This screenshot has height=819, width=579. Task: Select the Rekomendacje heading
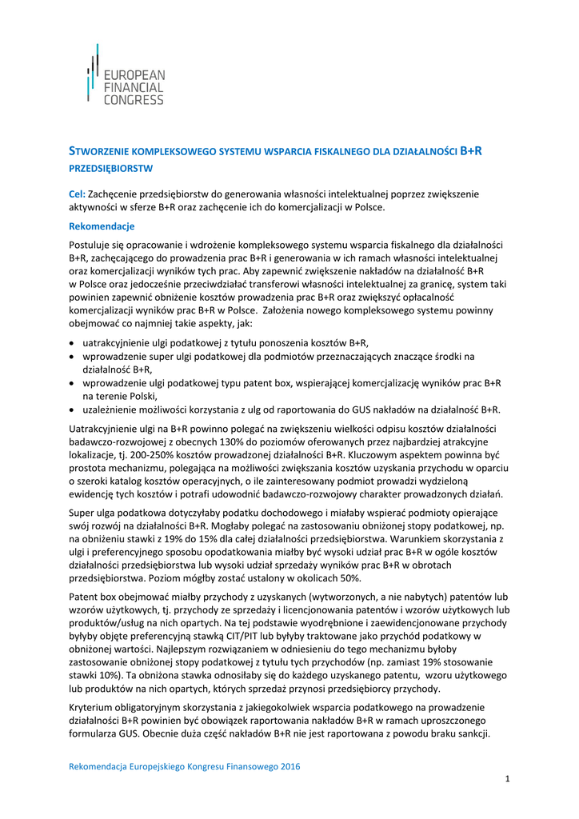[102, 226]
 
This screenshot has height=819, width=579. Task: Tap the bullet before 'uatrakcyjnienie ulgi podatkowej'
[73, 343]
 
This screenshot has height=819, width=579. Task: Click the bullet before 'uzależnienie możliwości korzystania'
[73, 409]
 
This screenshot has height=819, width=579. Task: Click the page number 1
[507, 780]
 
